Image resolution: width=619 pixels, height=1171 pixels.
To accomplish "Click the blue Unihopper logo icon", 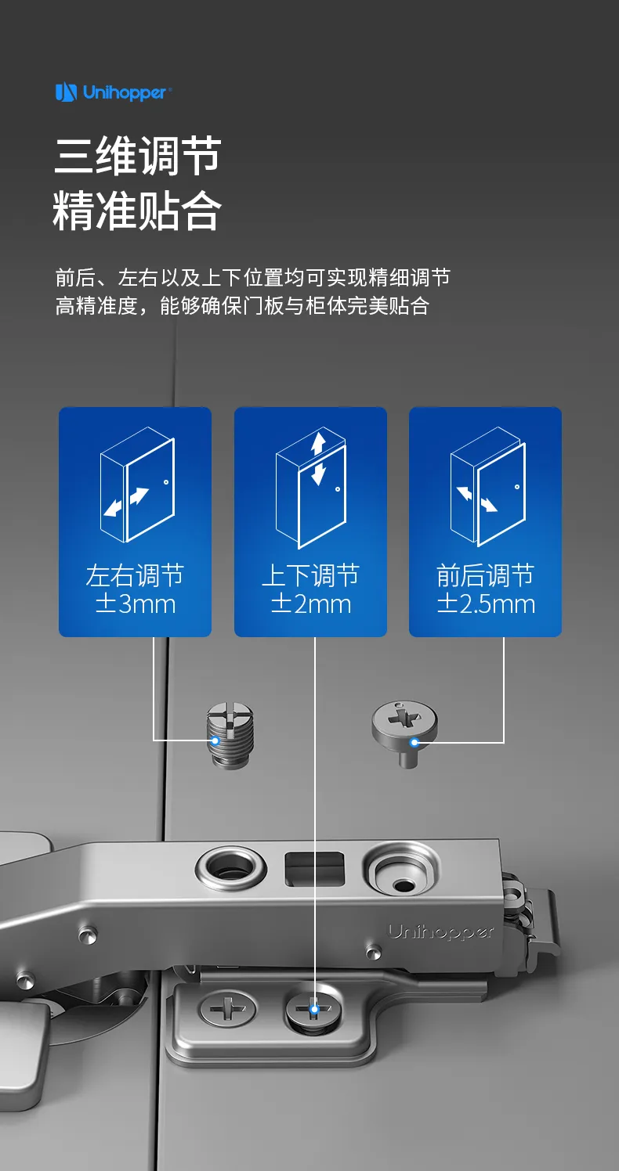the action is coord(66,92).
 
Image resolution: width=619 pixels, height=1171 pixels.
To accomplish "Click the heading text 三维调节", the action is coord(138,155).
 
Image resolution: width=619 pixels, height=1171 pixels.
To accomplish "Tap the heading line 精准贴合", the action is coord(137,211).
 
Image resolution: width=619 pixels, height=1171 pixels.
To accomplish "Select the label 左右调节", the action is coord(135,575).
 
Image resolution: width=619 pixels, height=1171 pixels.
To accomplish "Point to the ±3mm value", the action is coord(136,604).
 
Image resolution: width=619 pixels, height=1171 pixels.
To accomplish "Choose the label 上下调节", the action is coord(310,575).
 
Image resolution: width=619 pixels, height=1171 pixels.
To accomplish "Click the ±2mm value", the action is coord(311,604).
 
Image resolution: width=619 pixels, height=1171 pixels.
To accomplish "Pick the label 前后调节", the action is coord(486,575).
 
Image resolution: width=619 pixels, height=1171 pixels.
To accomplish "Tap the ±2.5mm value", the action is coord(486,604).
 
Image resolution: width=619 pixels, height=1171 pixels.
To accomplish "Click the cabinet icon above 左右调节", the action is coord(137,485).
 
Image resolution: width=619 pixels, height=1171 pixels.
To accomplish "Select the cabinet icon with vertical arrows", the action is coord(311,488).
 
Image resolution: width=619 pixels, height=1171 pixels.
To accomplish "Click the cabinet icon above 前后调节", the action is coord(487,487).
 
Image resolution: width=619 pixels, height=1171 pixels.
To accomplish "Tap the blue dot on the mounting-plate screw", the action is coord(314,1009).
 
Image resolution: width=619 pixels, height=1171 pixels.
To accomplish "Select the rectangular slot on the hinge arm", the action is coord(314,869).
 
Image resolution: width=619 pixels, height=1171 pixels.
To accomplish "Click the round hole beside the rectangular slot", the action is coord(230,869).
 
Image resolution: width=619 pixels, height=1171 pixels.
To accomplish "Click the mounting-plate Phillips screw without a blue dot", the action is coord(228,1007).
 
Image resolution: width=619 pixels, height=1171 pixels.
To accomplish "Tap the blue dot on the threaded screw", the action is coord(215,740).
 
